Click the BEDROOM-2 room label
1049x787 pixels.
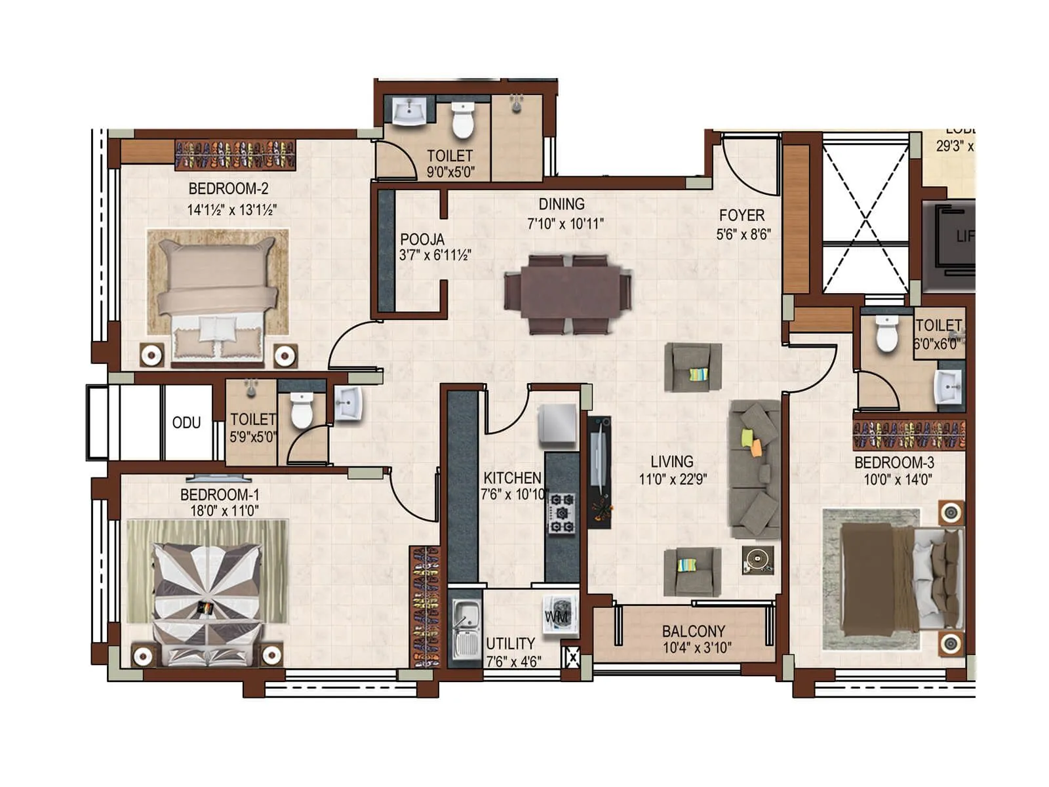[228, 189]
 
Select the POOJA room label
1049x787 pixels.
[422, 239]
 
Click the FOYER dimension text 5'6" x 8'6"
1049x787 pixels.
[743, 234]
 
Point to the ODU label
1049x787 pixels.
[186, 423]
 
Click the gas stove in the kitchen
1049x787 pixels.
[562, 514]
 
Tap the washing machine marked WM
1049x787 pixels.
[559, 615]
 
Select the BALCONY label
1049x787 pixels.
[693, 631]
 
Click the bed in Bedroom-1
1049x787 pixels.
[207, 600]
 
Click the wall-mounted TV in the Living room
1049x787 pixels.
[599, 459]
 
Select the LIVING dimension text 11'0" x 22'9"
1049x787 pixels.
[673, 479]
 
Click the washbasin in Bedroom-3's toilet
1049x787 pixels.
[948, 388]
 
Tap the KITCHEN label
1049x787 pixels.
[512, 478]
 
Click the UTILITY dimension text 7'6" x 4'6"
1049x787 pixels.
[513, 662]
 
